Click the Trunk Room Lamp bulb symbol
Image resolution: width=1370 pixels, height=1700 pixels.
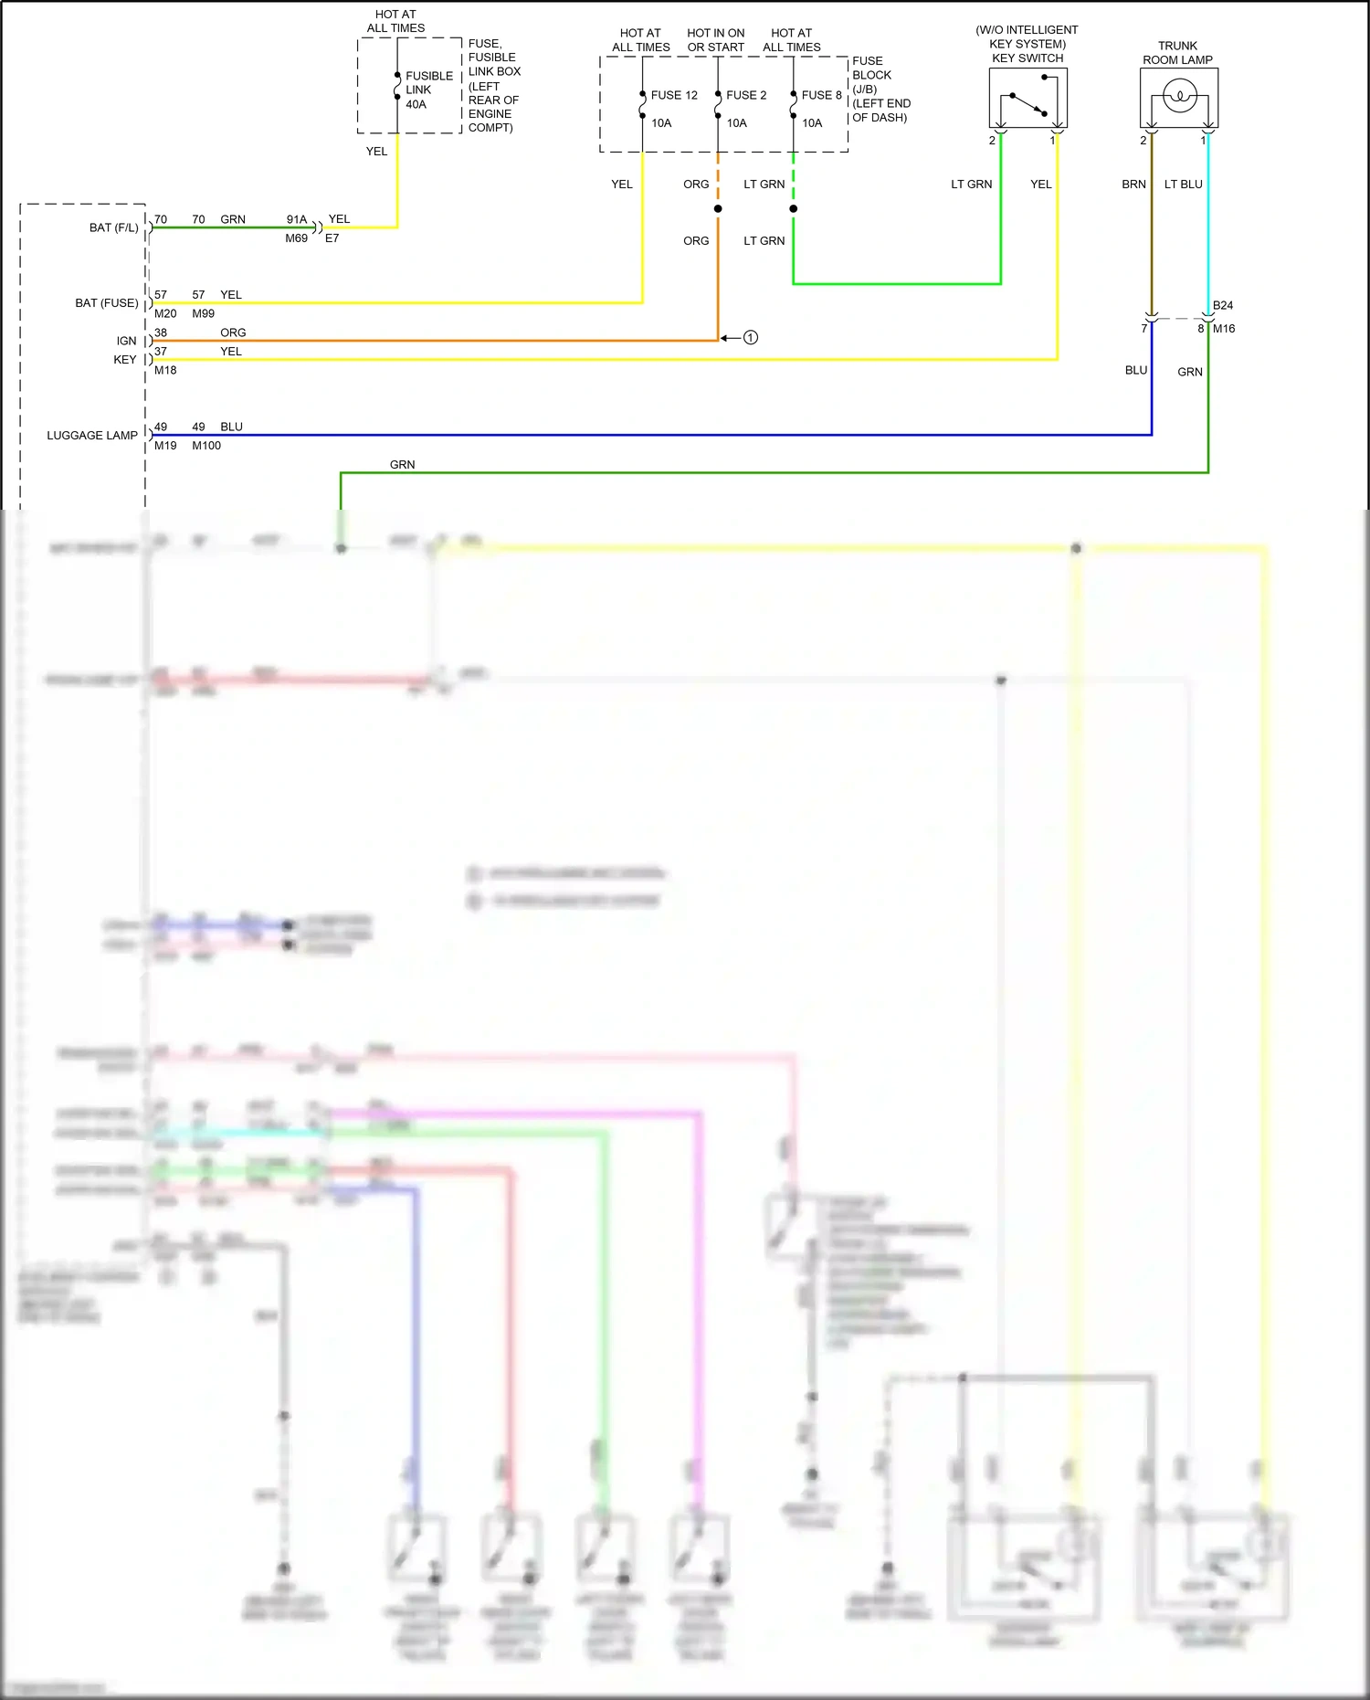(x=1179, y=96)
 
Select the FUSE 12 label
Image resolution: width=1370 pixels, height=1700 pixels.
(x=674, y=95)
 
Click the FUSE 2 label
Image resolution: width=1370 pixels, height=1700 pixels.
(x=746, y=95)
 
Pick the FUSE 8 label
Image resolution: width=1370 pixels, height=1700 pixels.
(x=822, y=95)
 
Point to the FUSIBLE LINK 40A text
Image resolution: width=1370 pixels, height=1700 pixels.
(x=428, y=90)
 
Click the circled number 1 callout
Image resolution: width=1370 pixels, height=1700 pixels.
(x=751, y=338)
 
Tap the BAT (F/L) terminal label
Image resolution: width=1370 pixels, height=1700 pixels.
(x=114, y=227)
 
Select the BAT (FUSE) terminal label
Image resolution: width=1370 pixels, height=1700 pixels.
(x=107, y=303)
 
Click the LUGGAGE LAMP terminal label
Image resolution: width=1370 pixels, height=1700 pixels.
(x=92, y=436)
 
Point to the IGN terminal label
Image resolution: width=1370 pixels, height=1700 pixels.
(x=126, y=341)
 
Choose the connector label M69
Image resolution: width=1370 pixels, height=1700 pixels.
(x=296, y=238)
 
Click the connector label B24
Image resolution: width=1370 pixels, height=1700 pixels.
(x=1223, y=305)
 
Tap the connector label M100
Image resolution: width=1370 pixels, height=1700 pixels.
(x=206, y=446)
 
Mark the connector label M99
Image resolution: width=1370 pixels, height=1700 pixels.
(x=203, y=313)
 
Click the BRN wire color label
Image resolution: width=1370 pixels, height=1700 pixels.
(x=1133, y=185)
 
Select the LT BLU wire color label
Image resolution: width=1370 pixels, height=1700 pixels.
(x=1183, y=185)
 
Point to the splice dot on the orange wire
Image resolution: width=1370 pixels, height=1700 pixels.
(x=718, y=209)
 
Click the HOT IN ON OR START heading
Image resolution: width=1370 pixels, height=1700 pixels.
(x=716, y=40)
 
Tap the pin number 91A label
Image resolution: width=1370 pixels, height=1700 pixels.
(x=297, y=219)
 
